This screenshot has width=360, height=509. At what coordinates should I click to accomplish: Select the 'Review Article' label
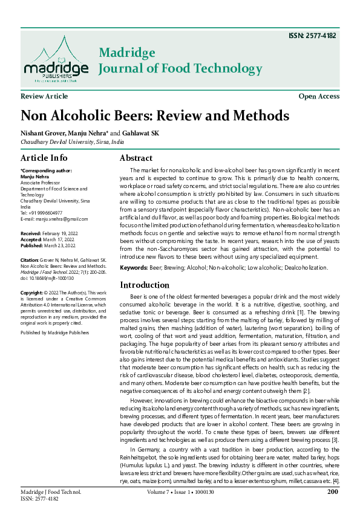(44, 97)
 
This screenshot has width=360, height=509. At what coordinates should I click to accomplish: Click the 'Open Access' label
(319, 97)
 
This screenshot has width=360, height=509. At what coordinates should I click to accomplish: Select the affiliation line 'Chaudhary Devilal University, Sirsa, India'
(72, 142)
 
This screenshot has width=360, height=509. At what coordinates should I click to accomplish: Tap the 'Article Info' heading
(44, 158)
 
